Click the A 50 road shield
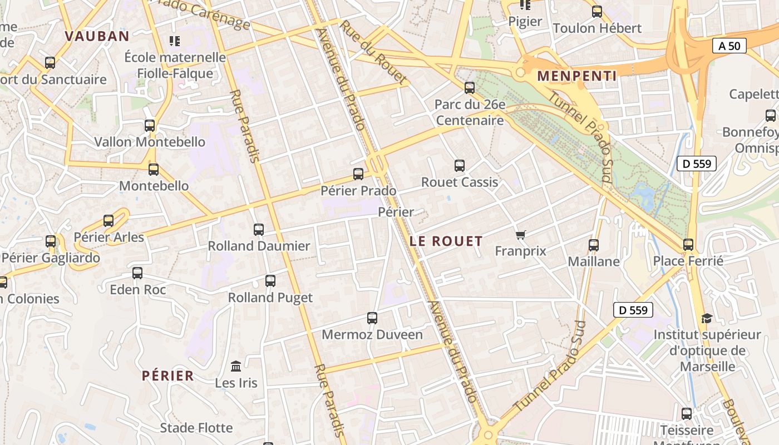coord(729,46)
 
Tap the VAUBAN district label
coord(97,37)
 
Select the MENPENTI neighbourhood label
coord(577,76)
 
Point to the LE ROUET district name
coord(446,241)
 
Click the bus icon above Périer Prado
coord(358,174)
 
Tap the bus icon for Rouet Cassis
coord(459,165)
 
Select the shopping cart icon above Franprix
coord(520,235)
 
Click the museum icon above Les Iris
coord(236,367)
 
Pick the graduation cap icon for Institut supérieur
coord(707,318)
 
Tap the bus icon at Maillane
coord(594,245)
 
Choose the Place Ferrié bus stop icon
coord(688,244)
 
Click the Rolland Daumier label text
coord(259,246)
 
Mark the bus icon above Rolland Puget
coord(270,281)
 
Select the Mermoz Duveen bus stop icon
coord(372,318)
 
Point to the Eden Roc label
coord(137,289)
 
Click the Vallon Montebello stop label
coord(150,142)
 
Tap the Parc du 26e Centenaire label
coord(470,112)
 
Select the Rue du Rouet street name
coord(373,53)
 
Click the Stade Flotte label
coord(196,428)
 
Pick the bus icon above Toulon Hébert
coord(597,12)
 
